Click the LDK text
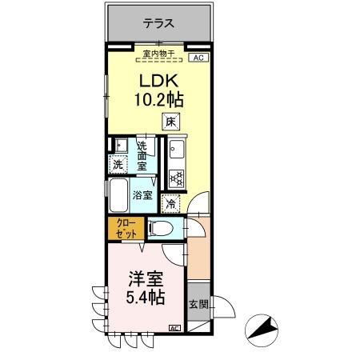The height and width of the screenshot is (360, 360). tap(159, 82)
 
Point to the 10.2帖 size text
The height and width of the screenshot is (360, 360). tap(159, 101)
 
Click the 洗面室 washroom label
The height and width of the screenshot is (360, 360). tap(142, 156)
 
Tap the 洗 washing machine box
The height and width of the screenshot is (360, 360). tap(118, 165)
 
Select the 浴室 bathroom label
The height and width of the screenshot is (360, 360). tap(142, 194)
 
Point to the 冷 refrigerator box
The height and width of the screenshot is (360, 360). tap(171, 203)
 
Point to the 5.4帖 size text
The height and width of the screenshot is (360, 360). tap(146, 298)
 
